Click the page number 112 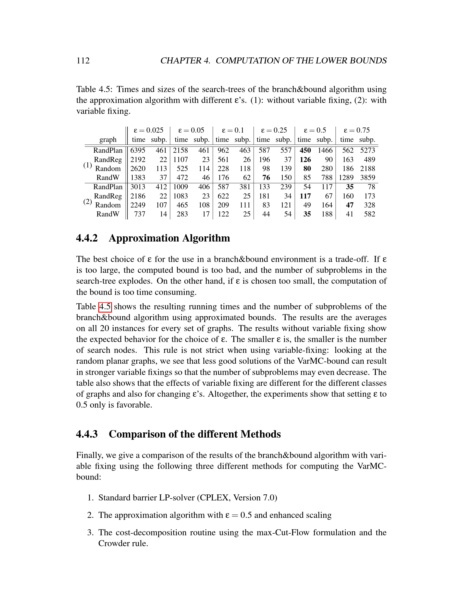83,61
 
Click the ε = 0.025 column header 148,130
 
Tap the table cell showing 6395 138,150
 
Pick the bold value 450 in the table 305,150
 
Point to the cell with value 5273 368,150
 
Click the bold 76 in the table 266,178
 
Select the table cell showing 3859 368,178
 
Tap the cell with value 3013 138,187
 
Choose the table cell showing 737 140,214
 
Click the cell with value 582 370,214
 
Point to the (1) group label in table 87,165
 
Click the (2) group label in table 87,202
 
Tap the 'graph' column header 108,140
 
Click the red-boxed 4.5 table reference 105,307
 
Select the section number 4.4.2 87,238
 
